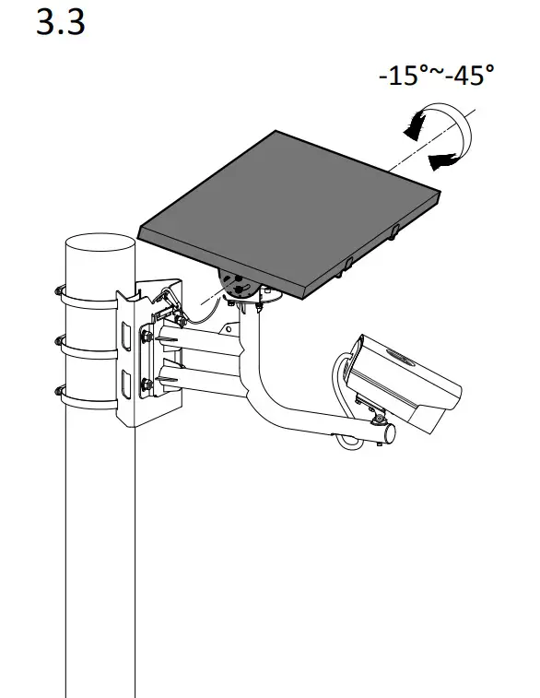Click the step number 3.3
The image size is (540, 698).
[x=61, y=23]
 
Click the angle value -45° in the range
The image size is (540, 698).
[x=468, y=76]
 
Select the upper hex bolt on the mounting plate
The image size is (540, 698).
[x=146, y=338]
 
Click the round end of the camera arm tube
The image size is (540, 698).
[x=388, y=432]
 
